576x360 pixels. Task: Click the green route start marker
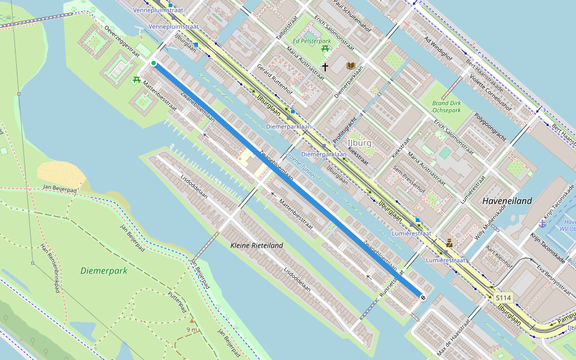click(154, 63)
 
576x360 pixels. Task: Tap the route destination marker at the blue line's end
click(423, 296)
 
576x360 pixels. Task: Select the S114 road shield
click(503, 298)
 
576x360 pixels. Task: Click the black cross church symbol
click(325, 67)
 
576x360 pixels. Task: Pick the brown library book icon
click(351, 65)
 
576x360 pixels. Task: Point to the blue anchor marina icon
click(542, 223)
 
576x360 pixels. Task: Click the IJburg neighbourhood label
click(359, 143)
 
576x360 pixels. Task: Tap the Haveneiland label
click(507, 201)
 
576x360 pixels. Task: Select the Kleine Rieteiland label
click(257, 245)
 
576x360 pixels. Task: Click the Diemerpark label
click(104, 271)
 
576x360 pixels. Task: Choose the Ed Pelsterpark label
click(312, 41)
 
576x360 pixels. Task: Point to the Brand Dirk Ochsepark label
click(446, 107)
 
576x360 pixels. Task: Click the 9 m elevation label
click(192, 329)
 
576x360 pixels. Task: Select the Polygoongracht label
click(490, 127)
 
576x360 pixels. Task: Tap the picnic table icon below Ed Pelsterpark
click(325, 48)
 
